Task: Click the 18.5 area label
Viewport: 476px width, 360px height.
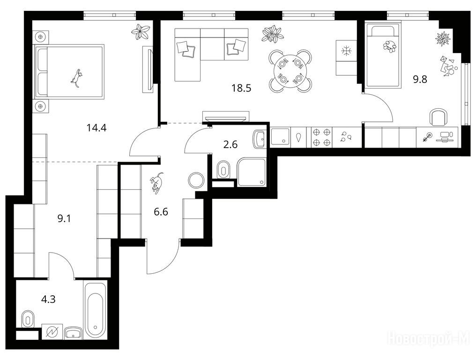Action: pos(241,89)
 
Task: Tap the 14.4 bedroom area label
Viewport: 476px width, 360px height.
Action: pos(97,128)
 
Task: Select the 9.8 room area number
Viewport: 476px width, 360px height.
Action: pos(420,79)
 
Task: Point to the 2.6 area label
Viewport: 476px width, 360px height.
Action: pos(231,144)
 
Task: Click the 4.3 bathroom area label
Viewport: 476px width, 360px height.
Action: pos(48,300)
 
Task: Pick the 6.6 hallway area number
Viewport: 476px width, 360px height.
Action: pos(161,212)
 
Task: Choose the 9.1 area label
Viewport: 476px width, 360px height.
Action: pos(64,218)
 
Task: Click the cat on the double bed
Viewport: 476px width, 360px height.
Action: pos(77,78)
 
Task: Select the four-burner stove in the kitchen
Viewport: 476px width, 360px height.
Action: pos(321,137)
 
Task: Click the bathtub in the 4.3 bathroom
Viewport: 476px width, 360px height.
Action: pos(95,311)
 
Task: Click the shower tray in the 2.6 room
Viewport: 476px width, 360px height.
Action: pos(252,172)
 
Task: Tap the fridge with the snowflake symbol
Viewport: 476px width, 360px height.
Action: pos(346,58)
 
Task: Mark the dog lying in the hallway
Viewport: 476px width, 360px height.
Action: pos(156,182)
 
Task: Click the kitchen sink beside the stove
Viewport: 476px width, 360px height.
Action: pos(281,137)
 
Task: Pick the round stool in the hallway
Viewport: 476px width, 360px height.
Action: pos(196,180)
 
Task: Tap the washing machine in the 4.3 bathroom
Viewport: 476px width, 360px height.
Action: pos(52,332)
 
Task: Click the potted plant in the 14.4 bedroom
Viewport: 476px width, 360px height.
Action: pos(141,31)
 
